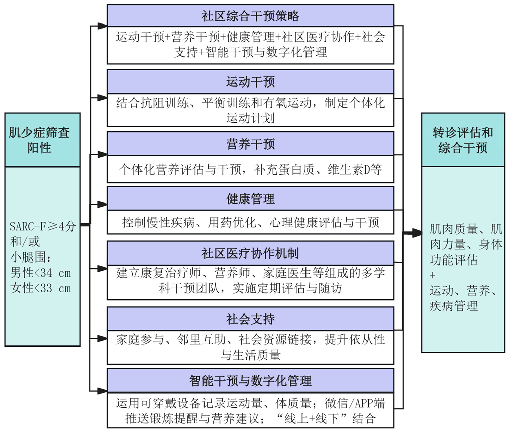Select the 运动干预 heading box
(250, 81)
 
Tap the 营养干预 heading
(250, 145)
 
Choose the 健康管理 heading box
(250, 199)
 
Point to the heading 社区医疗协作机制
(250, 252)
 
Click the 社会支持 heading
(250, 319)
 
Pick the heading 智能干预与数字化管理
(250, 381)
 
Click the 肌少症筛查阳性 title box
(43, 140)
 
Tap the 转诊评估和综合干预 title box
(463, 140)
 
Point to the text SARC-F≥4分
(43, 226)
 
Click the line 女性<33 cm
(40, 288)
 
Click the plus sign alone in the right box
(433, 276)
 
